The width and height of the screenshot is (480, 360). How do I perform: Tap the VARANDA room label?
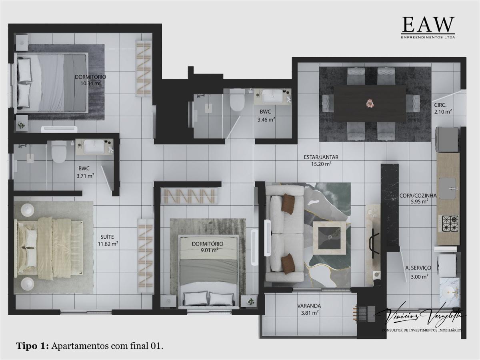[309, 306]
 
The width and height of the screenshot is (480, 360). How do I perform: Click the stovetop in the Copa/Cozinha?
[448, 223]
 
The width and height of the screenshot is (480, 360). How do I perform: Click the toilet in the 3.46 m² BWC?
[237, 101]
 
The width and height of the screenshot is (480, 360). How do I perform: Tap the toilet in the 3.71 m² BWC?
[59, 152]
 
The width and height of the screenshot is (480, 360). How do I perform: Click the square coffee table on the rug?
[329, 237]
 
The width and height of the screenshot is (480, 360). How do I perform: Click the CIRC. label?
[443, 106]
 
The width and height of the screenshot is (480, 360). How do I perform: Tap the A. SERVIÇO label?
[418, 268]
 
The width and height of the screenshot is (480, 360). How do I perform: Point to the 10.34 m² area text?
[90, 83]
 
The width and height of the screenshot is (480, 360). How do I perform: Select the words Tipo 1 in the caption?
[33, 346]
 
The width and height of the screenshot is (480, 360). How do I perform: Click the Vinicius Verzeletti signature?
[420, 316]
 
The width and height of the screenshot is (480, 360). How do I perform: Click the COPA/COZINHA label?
[418, 196]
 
